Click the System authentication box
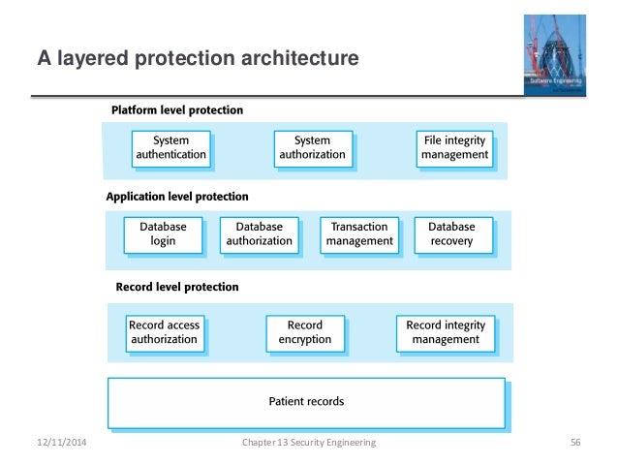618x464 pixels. pyautogui.click(x=170, y=147)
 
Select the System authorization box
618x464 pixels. pyautogui.click(x=312, y=147)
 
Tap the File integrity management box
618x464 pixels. pyautogui.click(x=454, y=147)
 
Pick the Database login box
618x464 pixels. pyautogui.click(x=163, y=233)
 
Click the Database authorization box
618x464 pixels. pyautogui.click(x=259, y=233)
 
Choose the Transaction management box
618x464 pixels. pyautogui.click(x=359, y=233)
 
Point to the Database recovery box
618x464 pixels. pyautogui.click(x=451, y=233)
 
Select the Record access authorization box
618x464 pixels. pyautogui.click(x=163, y=332)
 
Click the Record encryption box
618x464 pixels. pyautogui.click(x=305, y=332)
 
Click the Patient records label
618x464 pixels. pyautogui.click(x=306, y=401)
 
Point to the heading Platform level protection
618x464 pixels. pyautogui.click(x=177, y=110)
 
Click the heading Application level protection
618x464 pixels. pyautogui.click(x=177, y=197)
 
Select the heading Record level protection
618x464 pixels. pyautogui.click(x=177, y=287)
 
